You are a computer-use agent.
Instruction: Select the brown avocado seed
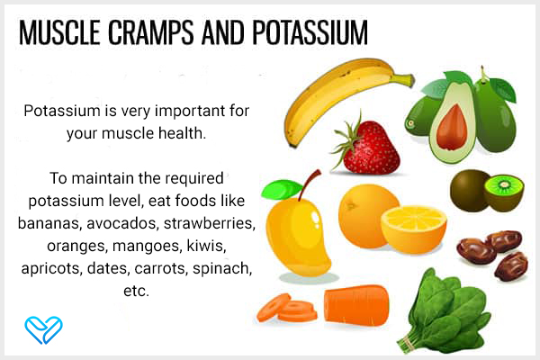point(452,127)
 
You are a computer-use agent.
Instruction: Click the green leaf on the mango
point(281,190)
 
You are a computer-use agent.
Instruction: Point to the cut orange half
point(414,229)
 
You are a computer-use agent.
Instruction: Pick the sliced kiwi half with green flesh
point(504,193)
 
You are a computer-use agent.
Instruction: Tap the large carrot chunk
point(356,305)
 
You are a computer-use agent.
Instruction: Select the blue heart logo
point(43,329)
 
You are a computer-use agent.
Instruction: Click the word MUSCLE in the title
point(59,32)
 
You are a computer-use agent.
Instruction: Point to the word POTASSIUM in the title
point(310,32)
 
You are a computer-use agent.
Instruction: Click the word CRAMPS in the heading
point(151,32)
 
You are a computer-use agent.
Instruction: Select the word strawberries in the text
point(210,223)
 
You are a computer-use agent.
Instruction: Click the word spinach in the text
point(222,269)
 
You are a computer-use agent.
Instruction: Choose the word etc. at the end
point(137,291)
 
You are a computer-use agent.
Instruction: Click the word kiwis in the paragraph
point(206,246)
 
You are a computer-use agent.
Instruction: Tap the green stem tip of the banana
point(409,81)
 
